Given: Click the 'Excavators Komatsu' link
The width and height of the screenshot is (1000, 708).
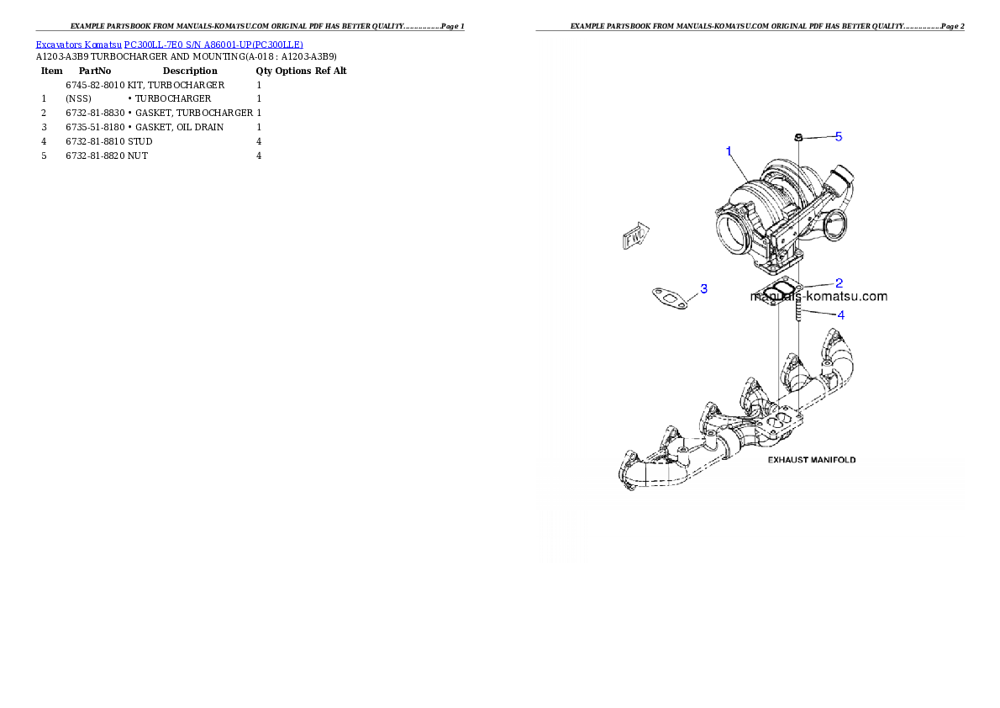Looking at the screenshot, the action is (78, 45).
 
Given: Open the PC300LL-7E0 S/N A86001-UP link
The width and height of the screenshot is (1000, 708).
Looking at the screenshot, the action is (213, 45).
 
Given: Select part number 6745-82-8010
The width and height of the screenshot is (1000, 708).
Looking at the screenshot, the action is (95, 85).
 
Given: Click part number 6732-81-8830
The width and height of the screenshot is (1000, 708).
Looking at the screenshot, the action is (95, 113).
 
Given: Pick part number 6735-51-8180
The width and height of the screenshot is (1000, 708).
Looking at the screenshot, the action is (95, 127).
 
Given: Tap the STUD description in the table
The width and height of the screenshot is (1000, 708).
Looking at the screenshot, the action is (139, 142).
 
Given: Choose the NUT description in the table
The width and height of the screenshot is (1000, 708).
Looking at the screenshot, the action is (138, 156).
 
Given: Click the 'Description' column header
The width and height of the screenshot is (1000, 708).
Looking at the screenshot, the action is (190, 71).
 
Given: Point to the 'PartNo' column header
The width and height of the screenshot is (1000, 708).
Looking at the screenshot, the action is (95, 71).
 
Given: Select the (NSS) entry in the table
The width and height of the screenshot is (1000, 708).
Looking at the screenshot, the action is (78, 99).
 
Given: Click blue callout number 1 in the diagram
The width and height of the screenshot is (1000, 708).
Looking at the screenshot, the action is (729, 151).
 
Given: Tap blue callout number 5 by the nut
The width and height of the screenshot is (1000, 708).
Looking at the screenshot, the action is (839, 136).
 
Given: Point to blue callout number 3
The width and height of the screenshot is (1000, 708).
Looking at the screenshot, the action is (704, 288).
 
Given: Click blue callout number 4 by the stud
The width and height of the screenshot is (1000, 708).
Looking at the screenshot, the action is (841, 314).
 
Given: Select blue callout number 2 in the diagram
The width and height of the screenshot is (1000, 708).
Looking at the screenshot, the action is (839, 283).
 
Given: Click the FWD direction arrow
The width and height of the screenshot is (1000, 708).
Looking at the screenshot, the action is (636, 236).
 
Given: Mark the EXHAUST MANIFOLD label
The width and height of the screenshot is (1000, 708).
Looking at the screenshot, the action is (811, 460).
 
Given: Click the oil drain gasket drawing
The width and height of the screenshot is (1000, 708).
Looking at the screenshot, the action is (670, 299).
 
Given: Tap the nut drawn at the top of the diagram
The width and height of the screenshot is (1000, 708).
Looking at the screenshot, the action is (797, 137).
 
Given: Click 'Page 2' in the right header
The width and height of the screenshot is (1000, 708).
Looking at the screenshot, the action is (953, 26).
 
